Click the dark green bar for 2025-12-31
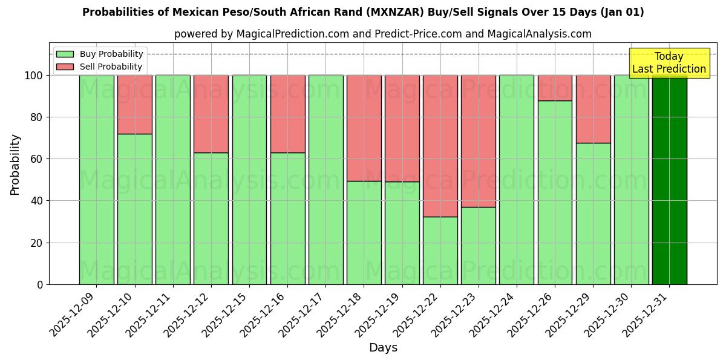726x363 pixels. coord(669,180)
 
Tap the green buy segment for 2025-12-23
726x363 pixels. coord(479,246)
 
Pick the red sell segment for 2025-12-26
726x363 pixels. coord(555,88)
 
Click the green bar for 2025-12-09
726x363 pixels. coord(96,180)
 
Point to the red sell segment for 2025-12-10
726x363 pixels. coord(134,104)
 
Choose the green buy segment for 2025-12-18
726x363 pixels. coord(364,232)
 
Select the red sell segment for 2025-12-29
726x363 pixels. coord(593,109)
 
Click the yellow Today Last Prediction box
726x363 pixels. coord(669,63)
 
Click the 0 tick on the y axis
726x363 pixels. coord(40,284)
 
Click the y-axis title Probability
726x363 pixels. coord(15,164)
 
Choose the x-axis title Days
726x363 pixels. coord(383,348)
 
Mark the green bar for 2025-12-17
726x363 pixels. coord(325,180)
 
